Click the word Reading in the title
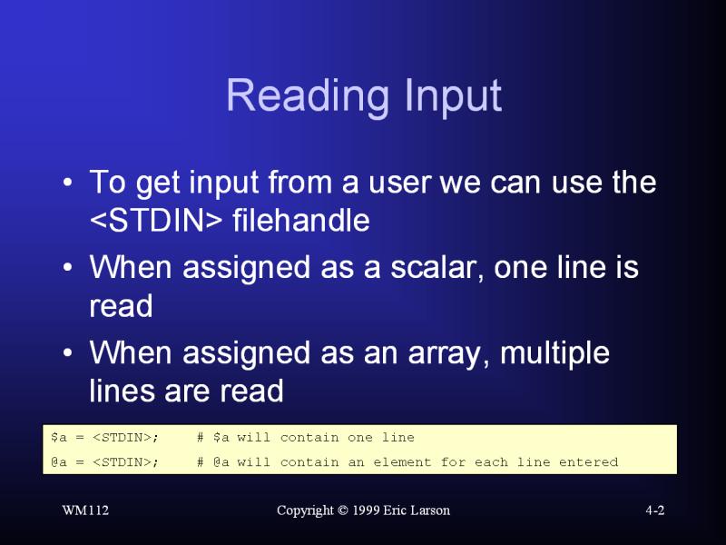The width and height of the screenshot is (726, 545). click(307, 96)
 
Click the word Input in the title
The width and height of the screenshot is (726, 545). click(453, 96)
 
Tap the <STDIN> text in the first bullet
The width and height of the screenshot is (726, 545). click(156, 220)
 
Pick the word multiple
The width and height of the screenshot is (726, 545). click(554, 353)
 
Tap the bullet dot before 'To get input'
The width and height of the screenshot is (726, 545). click(67, 183)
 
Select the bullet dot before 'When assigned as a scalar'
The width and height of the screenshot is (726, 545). click(67, 268)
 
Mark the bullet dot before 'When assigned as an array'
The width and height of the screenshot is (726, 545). click(67, 353)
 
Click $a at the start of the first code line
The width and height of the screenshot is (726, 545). click(59, 437)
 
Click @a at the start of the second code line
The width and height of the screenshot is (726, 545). click(59, 462)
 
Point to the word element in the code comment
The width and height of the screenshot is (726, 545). click(402, 462)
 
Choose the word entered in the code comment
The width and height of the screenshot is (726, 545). click(588, 462)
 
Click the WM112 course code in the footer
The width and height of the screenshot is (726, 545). click(85, 510)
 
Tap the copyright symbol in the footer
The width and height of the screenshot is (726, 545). click(343, 510)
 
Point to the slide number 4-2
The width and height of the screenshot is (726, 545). click(654, 510)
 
